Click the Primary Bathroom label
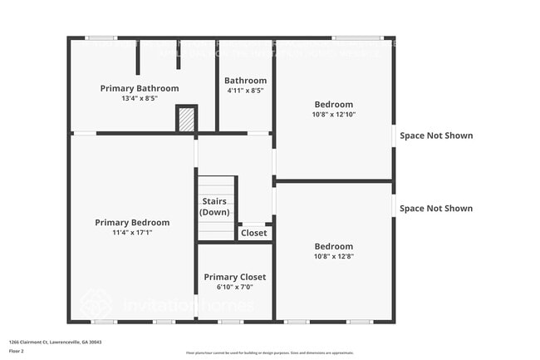(140, 88)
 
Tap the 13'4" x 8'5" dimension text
(140, 98)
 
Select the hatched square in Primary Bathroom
(187, 120)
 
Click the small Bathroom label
(245, 81)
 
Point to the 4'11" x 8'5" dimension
(245, 91)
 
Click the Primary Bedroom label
(132, 222)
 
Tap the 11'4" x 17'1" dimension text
(132, 232)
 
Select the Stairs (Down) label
(216, 207)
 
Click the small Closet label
(254, 234)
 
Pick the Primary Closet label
(234, 277)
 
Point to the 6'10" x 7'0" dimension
(234, 287)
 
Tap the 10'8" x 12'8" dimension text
(333, 256)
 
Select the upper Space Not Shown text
(436, 136)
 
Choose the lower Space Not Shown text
(436, 209)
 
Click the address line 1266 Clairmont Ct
(55, 342)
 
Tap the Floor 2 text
(17, 351)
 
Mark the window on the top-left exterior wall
(101, 37)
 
